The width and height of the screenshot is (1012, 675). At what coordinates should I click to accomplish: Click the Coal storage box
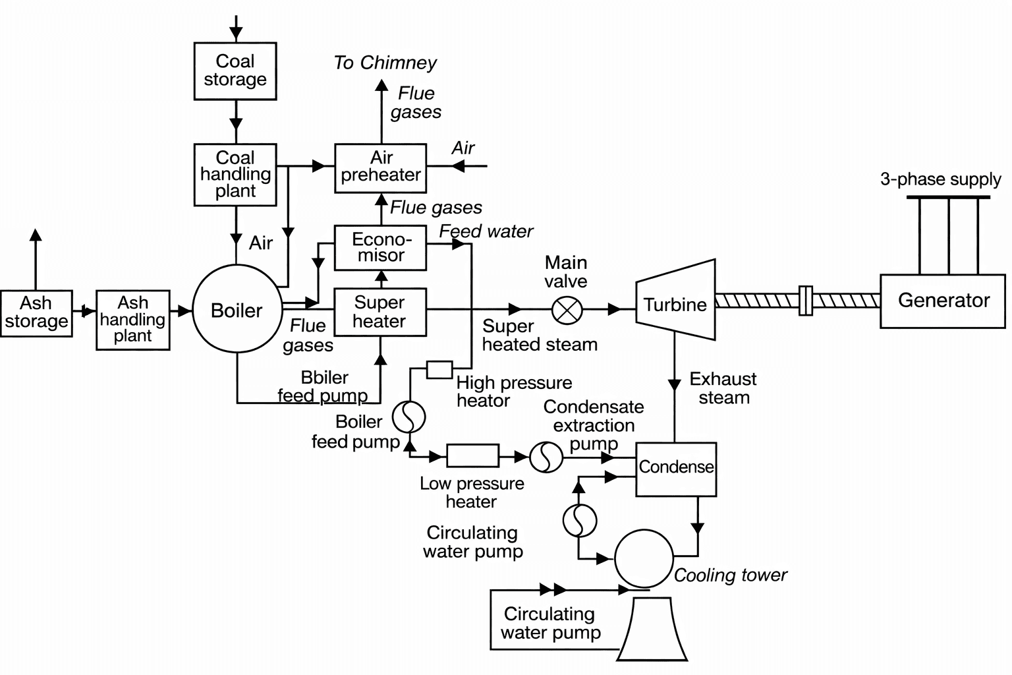point(235,71)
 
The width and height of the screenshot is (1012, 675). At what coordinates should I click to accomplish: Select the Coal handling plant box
point(235,175)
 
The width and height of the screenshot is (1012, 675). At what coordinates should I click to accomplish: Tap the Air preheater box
point(380,167)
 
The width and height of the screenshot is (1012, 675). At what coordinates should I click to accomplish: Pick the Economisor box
point(380,247)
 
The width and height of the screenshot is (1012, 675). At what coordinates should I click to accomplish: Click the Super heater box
point(380,312)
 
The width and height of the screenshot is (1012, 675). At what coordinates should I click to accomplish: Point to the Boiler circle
point(237,310)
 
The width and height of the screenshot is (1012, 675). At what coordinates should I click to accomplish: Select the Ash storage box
point(36,313)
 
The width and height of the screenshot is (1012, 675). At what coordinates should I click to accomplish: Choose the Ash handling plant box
point(133,320)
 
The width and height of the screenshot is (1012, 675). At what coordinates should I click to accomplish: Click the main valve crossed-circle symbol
point(566,309)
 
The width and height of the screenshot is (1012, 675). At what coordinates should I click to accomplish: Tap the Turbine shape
point(675,304)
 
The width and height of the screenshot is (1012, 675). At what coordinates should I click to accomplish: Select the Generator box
point(943,301)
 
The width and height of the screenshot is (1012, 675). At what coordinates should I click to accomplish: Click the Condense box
point(676,469)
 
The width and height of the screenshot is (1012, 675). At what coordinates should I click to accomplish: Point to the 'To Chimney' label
point(385,63)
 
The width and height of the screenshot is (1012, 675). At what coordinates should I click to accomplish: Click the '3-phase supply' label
point(940,179)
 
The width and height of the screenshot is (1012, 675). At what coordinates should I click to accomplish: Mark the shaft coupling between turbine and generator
point(804,301)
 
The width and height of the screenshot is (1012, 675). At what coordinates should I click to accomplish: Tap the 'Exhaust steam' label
point(723,388)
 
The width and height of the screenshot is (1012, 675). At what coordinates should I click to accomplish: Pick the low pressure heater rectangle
point(472,455)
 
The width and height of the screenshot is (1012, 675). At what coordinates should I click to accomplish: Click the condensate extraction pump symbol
point(546,456)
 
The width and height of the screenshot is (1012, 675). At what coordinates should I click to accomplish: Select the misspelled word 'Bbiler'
point(324,378)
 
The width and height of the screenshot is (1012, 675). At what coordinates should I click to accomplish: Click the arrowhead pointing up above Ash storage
point(36,235)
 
